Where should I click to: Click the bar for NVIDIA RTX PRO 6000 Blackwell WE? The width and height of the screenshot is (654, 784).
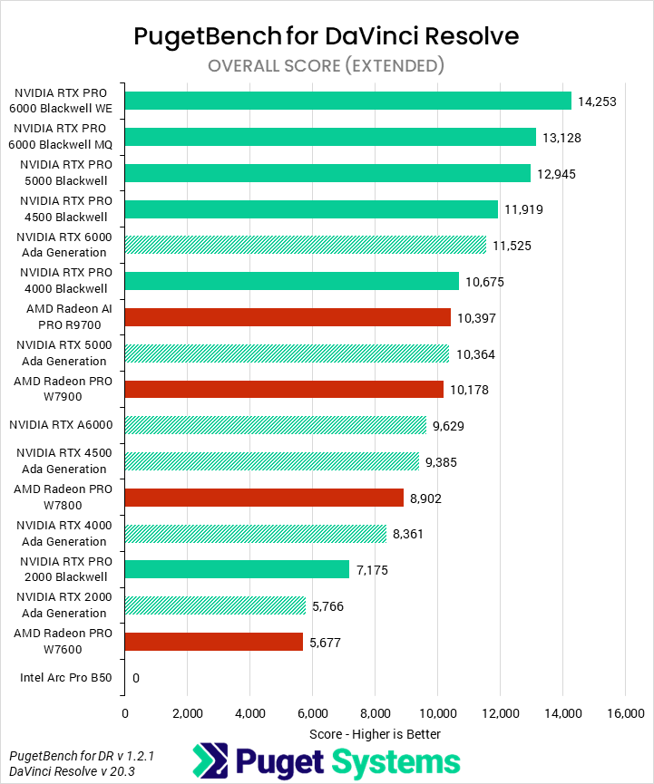[347, 101]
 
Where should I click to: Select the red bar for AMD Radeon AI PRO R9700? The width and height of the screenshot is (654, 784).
[288, 317]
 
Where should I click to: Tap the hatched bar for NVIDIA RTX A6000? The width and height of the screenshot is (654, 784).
[275, 425]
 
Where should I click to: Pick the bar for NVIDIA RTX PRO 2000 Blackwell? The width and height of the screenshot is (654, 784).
[237, 569]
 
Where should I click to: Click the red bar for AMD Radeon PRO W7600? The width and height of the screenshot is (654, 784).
[213, 642]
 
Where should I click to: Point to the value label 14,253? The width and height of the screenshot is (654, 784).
[597, 102]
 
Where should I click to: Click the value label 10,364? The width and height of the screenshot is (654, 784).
[474, 354]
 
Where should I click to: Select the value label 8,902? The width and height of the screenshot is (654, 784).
[429, 498]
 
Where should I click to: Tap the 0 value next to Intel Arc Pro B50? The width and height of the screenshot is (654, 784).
[136, 678]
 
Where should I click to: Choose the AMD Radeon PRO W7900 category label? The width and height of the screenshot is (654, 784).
[63, 389]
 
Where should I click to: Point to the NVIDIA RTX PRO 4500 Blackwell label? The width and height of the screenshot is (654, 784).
[63, 208]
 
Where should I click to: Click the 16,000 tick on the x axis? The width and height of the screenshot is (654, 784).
[624, 713]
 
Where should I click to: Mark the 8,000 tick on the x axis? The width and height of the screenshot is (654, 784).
[375, 713]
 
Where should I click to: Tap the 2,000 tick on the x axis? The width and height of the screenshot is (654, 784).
[187, 713]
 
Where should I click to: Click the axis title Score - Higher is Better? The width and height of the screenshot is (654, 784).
[375, 733]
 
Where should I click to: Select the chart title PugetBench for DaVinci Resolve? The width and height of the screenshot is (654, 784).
[327, 36]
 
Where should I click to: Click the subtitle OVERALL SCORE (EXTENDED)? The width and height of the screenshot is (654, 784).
[327, 65]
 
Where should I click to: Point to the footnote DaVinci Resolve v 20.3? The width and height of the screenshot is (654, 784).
[68, 770]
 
